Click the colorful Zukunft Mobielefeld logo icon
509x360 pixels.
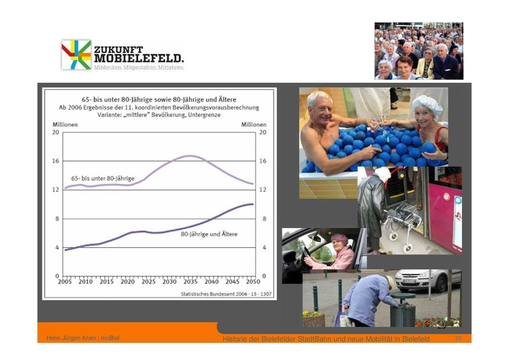coord(76,55)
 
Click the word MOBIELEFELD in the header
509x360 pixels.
coord(138,59)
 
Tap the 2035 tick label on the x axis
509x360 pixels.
coord(189,281)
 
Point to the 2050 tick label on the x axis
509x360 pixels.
coord(252,281)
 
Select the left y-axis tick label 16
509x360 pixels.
coord(55,161)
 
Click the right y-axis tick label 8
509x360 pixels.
coord(264,219)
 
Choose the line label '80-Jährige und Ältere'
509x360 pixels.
coord(209,234)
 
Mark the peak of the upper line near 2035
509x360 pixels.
coord(190,155)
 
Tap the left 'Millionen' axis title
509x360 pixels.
coord(64,124)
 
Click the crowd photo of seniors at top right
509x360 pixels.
coord(418,50)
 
